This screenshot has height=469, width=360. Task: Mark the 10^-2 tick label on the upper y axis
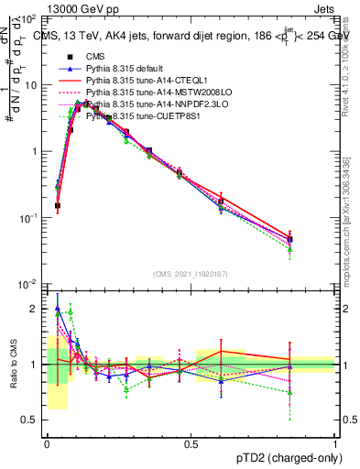(28, 285)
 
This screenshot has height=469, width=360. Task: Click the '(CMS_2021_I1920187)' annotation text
(191, 273)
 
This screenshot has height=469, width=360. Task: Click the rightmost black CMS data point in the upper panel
(290, 238)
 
